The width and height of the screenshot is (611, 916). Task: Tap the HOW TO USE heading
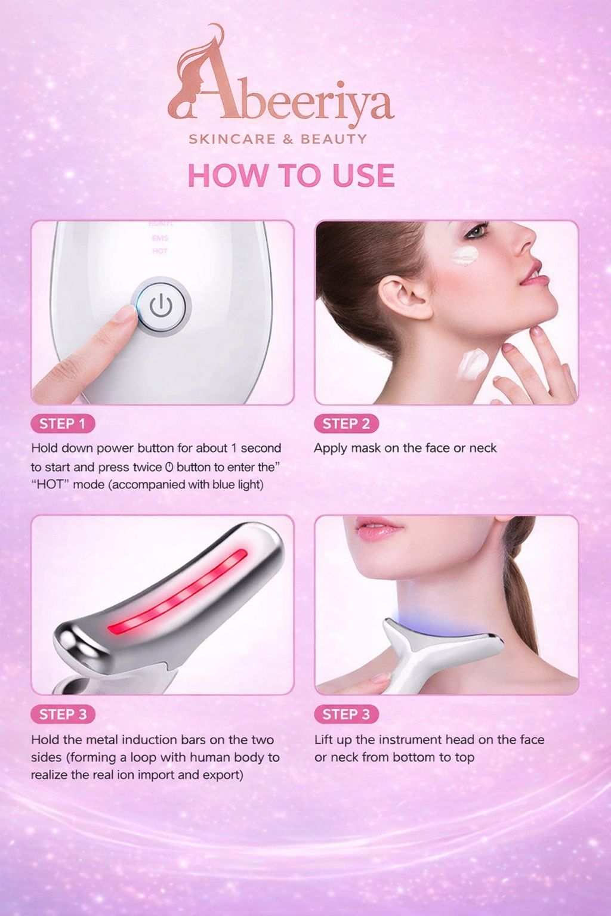(291, 175)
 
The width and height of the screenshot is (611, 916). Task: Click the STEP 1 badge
(63, 424)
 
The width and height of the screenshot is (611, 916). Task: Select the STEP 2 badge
(346, 424)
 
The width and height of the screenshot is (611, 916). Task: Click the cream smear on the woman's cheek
(465, 256)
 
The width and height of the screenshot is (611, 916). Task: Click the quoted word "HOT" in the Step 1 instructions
(51, 485)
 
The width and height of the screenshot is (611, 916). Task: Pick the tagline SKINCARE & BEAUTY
(278, 140)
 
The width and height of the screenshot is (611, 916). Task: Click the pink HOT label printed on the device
(160, 251)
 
